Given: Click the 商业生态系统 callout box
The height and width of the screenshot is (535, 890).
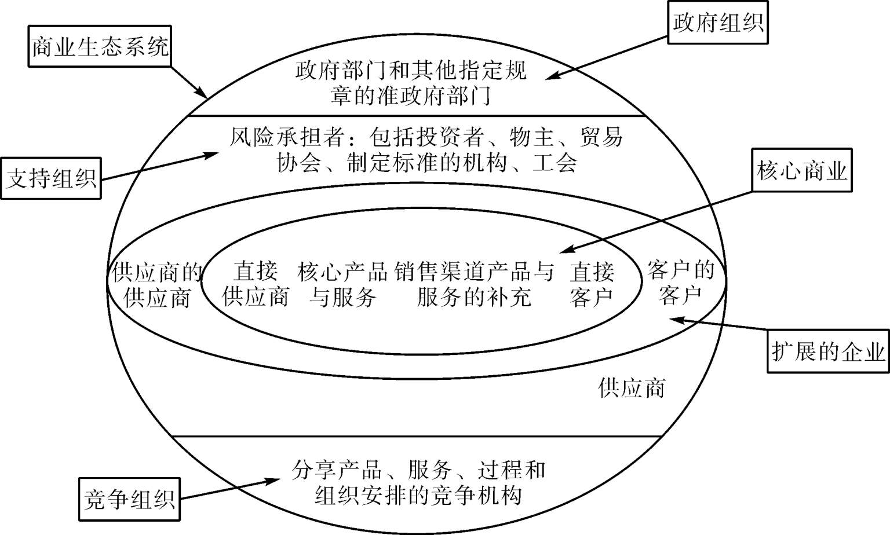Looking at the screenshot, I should tap(100, 46).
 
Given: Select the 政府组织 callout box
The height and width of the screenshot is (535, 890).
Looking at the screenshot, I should tap(717, 23).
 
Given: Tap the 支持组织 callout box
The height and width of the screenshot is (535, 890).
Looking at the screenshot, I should tap(51, 178).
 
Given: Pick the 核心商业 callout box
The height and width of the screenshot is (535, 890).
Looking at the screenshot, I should tap(802, 171).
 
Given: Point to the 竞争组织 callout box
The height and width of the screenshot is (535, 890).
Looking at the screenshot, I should tap(129, 499).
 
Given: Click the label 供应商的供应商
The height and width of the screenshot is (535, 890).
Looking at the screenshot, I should tap(157, 284).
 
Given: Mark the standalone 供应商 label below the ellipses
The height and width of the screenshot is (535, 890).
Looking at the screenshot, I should tap(632, 387).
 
